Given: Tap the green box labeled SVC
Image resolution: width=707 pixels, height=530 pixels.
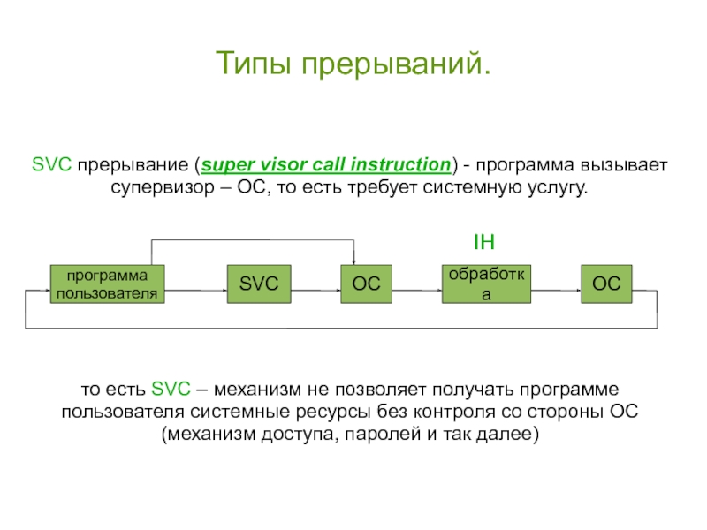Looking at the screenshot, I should (259, 283).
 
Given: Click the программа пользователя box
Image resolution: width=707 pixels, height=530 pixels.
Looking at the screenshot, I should (108, 284).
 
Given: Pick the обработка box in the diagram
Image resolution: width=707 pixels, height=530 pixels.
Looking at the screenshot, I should (486, 284).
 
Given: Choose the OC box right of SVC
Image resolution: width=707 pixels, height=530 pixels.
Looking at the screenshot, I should (367, 284).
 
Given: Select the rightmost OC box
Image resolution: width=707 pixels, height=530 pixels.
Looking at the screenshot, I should (606, 283).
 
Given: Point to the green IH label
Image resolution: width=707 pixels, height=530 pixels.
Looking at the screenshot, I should (484, 240).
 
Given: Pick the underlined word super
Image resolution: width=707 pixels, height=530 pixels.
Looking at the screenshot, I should (224, 164).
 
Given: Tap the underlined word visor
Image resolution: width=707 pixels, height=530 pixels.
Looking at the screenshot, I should (278, 164).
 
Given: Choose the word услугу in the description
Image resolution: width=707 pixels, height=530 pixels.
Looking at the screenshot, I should (554, 188).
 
